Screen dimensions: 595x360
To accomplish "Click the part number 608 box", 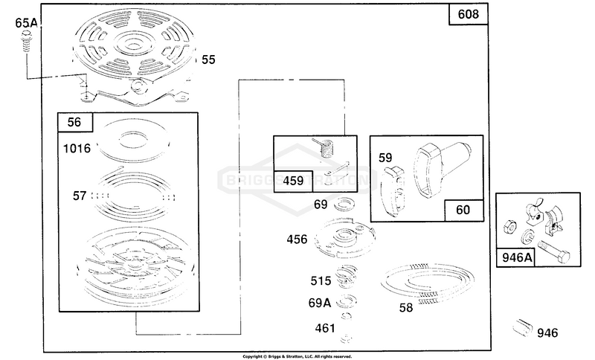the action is (x=469, y=14).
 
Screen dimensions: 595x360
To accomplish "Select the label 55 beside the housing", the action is (x=208, y=60).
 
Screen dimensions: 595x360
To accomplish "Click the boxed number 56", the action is (x=75, y=122).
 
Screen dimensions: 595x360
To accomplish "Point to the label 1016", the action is (x=77, y=148).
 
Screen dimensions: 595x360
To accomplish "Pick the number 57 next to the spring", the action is (x=80, y=196).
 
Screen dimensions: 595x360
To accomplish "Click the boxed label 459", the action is (x=293, y=181).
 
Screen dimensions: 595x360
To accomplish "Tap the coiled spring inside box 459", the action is (x=326, y=147).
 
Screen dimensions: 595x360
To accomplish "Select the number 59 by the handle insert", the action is (x=385, y=158).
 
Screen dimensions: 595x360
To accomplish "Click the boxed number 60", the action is (x=463, y=210).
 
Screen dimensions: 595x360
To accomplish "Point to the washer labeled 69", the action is (x=344, y=205).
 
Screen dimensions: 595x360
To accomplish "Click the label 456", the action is (x=297, y=240).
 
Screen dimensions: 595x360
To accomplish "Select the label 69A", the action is (x=320, y=303).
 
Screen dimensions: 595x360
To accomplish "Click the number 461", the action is (x=325, y=328).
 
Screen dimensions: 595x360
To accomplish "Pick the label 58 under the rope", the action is (x=405, y=308).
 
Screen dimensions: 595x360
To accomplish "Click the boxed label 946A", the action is (x=517, y=257).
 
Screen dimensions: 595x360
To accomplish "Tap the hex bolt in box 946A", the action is (x=554, y=251).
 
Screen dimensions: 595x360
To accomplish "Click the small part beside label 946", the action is (x=523, y=328).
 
